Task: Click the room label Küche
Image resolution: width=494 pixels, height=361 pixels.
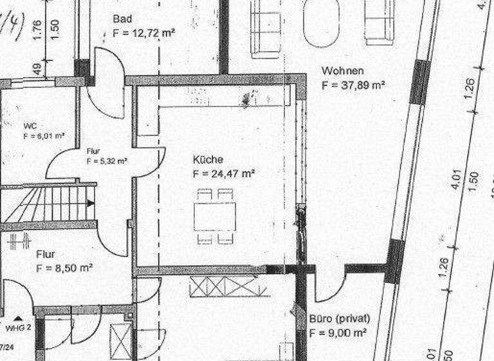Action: (208, 159)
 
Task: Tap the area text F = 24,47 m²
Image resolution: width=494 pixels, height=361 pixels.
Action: (224, 173)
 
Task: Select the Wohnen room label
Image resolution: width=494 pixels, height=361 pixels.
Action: (343, 71)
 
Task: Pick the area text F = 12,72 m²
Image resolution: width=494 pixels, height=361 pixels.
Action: (144, 32)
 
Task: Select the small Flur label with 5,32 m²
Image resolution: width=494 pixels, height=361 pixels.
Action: (94, 151)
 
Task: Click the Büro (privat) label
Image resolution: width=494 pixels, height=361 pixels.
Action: (340, 319)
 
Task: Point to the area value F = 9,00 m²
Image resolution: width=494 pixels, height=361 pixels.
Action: (338, 333)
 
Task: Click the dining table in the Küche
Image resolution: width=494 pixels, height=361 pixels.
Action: (215, 216)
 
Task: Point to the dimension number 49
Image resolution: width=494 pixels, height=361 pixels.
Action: (37, 68)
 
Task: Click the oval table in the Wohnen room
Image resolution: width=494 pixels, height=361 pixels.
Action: (321, 23)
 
